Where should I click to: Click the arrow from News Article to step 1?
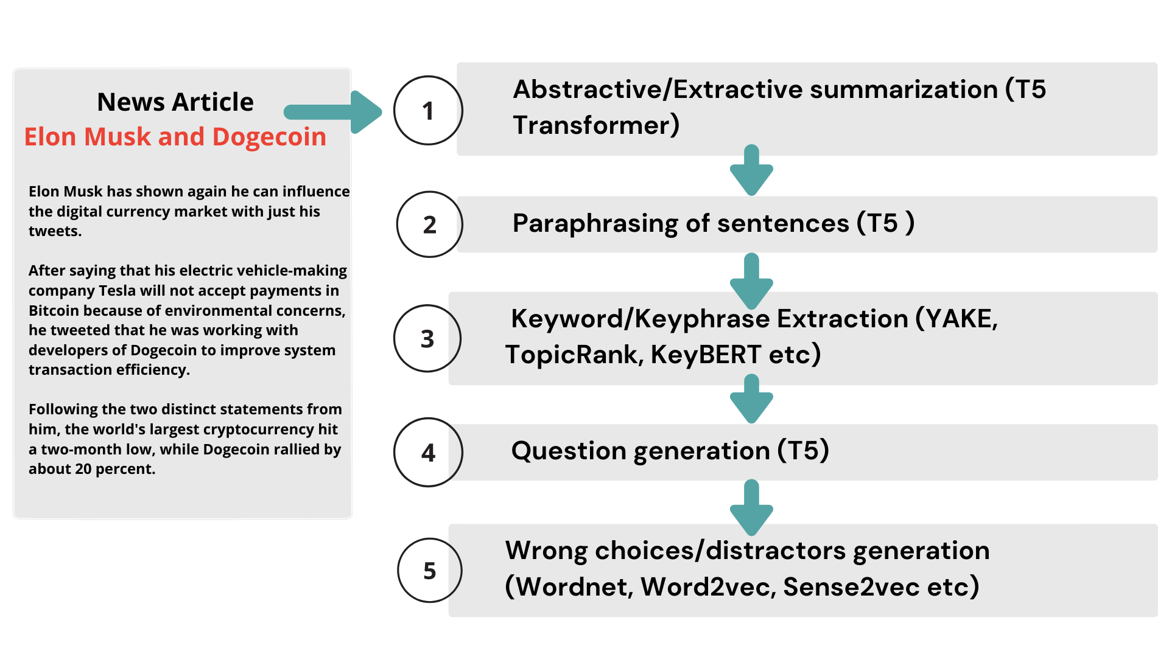point(333,112)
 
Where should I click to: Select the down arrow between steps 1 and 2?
point(751,170)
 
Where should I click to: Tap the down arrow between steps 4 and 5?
point(751,507)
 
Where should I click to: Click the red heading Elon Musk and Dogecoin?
point(175,137)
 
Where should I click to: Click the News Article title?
point(175,102)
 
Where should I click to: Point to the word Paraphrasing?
point(595,224)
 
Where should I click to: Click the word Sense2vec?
point(851,586)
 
